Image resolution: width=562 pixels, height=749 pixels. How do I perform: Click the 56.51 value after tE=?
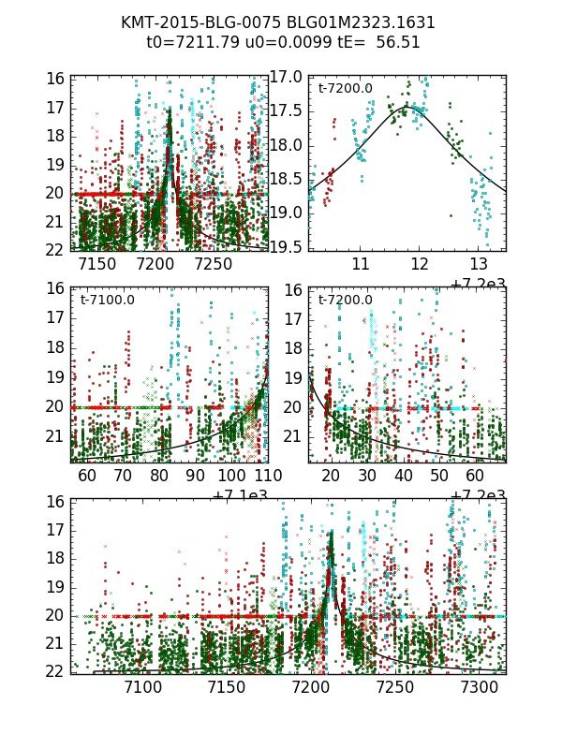[x=398, y=42]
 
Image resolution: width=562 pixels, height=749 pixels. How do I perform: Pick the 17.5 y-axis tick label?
[x=284, y=110]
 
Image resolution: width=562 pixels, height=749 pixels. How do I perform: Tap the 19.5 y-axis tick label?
[x=284, y=246]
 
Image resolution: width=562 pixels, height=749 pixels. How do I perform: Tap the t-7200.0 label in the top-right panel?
[x=346, y=89]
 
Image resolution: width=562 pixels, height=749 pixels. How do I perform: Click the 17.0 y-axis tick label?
[x=284, y=77]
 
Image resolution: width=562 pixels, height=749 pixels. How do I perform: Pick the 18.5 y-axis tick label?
[x=284, y=178]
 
